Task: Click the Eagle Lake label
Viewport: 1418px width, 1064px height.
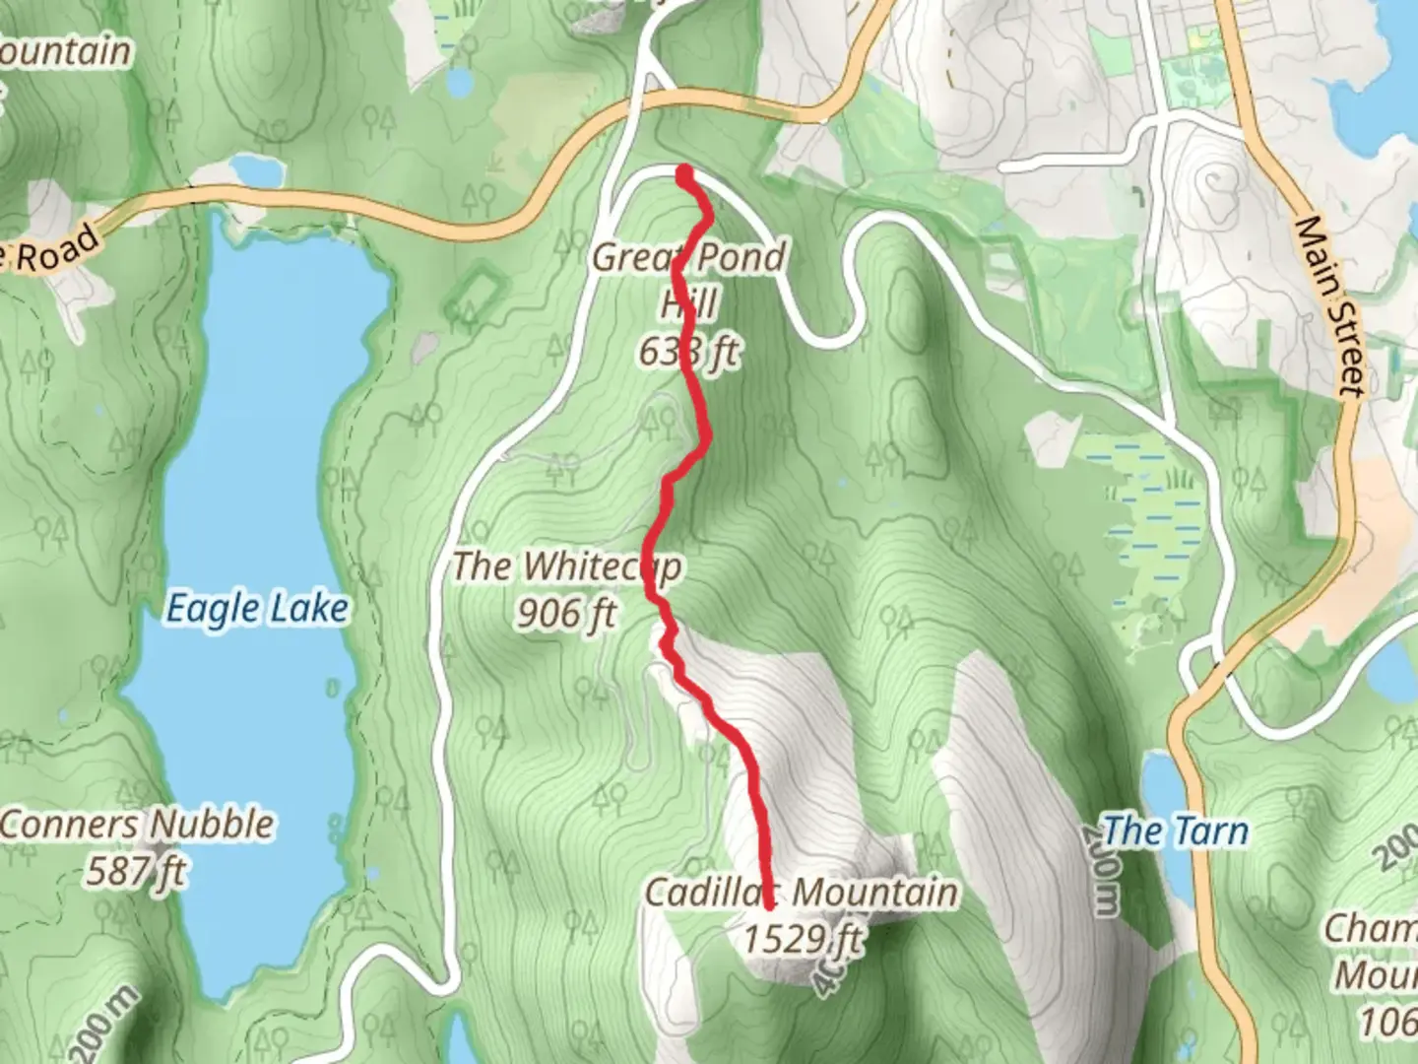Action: click(256, 609)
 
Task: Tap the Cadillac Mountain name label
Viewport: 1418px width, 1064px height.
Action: click(801, 893)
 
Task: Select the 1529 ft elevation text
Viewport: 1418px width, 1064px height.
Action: click(803, 939)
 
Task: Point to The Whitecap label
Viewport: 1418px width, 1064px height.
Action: click(566, 567)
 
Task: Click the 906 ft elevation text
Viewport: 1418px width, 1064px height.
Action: click(566, 614)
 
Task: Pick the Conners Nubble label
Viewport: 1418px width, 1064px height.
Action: click(137, 825)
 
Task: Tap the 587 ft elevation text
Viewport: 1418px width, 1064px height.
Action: click(137, 871)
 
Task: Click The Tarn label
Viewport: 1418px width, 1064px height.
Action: click(1175, 831)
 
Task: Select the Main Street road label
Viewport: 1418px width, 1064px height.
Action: click(1332, 306)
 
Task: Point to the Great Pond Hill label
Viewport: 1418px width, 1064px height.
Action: click(689, 259)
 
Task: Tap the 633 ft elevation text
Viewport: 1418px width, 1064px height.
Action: click(688, 351)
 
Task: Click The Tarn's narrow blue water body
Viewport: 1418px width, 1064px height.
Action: click(1163, 788)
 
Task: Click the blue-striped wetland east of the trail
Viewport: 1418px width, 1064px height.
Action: click(1152, 512)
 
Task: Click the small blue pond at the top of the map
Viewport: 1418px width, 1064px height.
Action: click(459, 82)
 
